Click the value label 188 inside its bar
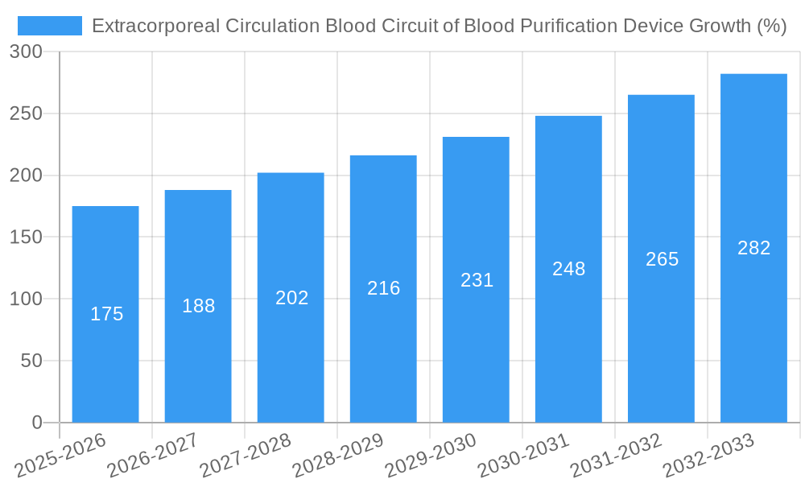(199, 306)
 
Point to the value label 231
(477, 280)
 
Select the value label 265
(662, 259)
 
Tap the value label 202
(291, 298)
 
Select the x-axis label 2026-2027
(152, 455)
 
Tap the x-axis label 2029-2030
(431, 455)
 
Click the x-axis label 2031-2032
(616, 455)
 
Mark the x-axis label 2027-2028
(245, 455)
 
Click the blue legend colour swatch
(50, 26)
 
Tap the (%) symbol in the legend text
(771, 26)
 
